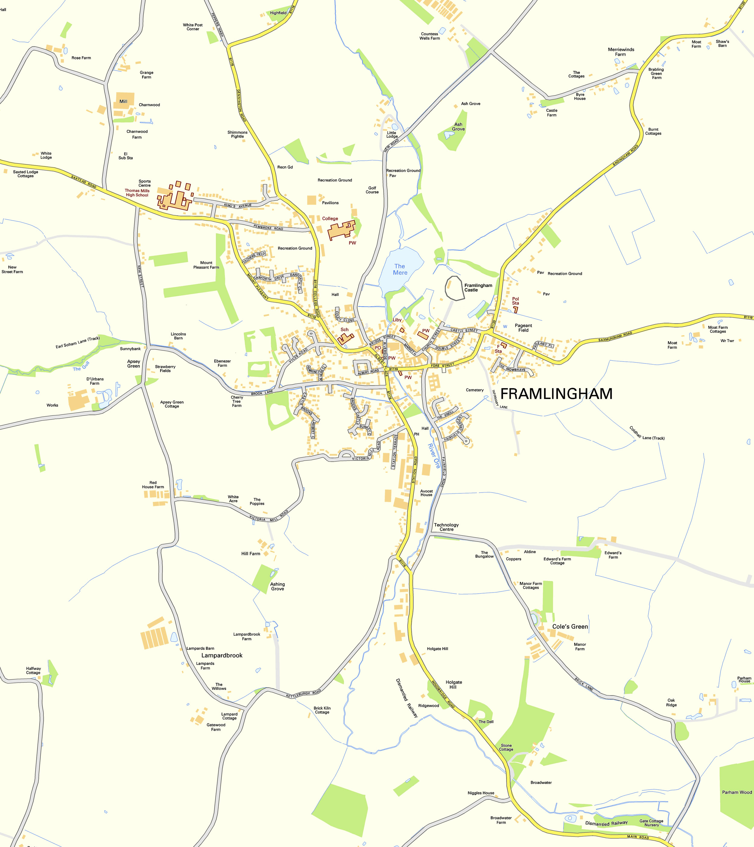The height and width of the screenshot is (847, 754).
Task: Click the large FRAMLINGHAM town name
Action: click(556, 394)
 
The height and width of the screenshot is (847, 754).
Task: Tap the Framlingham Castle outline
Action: click(454, 288)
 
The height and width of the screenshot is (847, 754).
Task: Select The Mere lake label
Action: click(400, 269)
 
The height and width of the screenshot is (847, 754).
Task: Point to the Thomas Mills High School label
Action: click(137, 193)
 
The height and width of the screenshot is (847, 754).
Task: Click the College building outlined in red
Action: click(341, 230)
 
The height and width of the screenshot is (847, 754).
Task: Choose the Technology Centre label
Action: click(446, 527)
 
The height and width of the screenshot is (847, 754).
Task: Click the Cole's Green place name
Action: click(570, 627)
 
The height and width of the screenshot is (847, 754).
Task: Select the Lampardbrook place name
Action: click(222, 655)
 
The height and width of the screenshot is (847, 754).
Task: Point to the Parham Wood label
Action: click(737, 792)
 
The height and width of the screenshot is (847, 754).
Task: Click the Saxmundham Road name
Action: click(615, 337)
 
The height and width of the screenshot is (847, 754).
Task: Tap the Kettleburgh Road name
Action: click(303, 694)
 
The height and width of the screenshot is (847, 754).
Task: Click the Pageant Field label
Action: click(523, 328)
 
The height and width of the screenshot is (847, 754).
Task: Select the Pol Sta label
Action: click(515, 301)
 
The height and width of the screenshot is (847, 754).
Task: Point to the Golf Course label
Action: click(372, 190)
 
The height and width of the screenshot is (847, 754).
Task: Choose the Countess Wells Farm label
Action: click(429, 36)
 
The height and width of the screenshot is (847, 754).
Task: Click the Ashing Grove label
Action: click(277, 586)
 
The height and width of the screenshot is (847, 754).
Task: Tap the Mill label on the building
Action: click(124, 102)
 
